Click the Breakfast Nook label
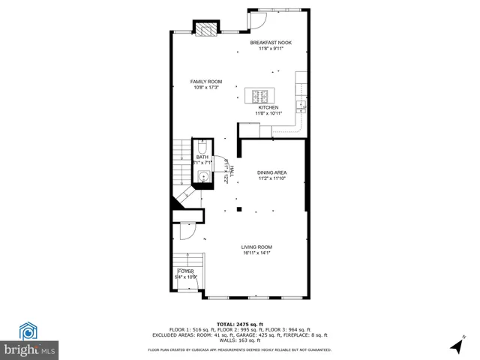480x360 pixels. point(271,43)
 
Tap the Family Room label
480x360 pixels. point(205,81)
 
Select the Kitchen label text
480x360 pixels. point(268,107)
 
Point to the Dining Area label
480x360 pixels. point(272,172)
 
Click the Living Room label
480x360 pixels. point(256,247)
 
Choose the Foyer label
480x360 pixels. point(185,271)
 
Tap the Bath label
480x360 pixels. point(202,157)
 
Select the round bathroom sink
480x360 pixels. point(203,176)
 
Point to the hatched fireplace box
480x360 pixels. point(205,29)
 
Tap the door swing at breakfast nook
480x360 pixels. point(259,21)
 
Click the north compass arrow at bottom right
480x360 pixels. point(457,346)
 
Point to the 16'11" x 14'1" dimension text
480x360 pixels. point(256,253)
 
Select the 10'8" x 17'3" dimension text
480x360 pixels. point(205,87)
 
